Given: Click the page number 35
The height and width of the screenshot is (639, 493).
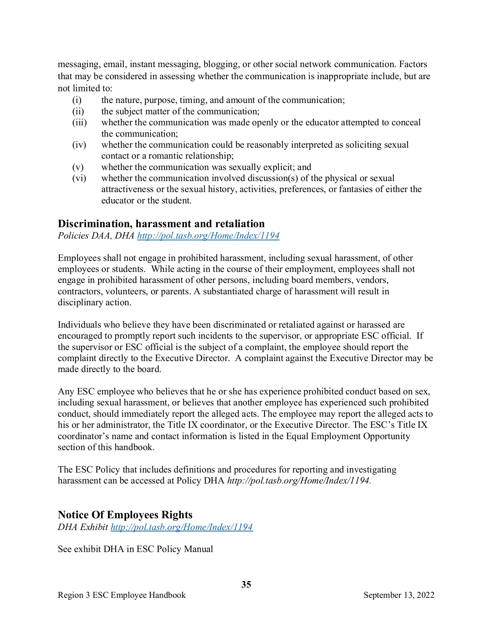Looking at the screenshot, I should click(246, 584).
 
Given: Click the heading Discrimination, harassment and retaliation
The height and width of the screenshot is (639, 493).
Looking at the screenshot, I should click(161, 224).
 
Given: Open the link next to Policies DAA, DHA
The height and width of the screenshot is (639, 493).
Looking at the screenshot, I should click(208, 236).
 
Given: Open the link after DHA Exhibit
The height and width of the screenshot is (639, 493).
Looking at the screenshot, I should click(181, 527).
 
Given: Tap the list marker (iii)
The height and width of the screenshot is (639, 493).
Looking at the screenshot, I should click(79, 122).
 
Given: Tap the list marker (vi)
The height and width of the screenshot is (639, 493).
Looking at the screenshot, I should click(79, 178).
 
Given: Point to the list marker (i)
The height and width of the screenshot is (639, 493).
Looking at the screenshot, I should click(77, 100).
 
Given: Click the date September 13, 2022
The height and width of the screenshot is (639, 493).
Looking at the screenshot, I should click(399, 595).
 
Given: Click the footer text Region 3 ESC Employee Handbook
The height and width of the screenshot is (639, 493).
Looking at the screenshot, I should click(122, 595).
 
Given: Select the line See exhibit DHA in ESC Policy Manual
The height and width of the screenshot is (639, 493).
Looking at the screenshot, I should click(135, 549).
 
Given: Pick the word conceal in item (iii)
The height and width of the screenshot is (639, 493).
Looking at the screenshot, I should click(406, 122).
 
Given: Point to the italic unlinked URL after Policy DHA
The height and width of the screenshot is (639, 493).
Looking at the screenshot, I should click(299, 481).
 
